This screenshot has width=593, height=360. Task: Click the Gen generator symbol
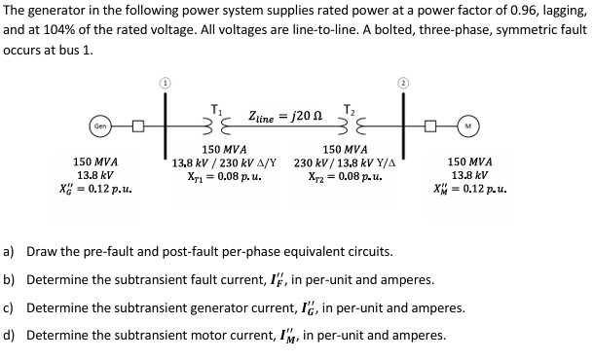click(x=100, y=126)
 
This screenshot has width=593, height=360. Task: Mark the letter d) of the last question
click(x=10, y=336)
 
